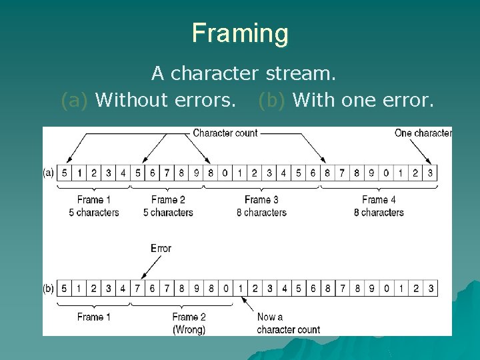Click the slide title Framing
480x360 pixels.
tap(240, 33)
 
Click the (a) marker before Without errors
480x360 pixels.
tap(74, 100)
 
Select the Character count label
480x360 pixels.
tap(225, 133)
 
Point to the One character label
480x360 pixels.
tap(423, 133)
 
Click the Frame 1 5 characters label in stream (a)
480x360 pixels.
tap(93, 206)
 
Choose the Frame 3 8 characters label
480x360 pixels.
tap(261, 206)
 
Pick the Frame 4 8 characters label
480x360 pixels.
tap(379, 206)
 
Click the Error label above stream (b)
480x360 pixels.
tap(161, 248)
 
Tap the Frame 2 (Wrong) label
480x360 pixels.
tap(189, 323)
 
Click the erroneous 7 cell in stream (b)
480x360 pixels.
tap(137, 289)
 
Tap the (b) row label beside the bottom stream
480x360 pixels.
tap(49, 289)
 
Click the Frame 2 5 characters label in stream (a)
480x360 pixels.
tap(168, 206)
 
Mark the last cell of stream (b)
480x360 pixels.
tap(430, 289)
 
